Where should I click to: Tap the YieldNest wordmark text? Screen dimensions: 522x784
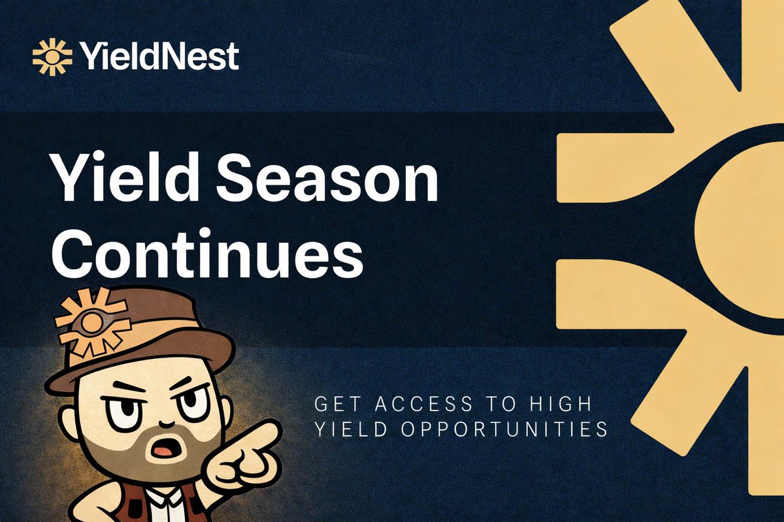[x=159, y=56]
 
